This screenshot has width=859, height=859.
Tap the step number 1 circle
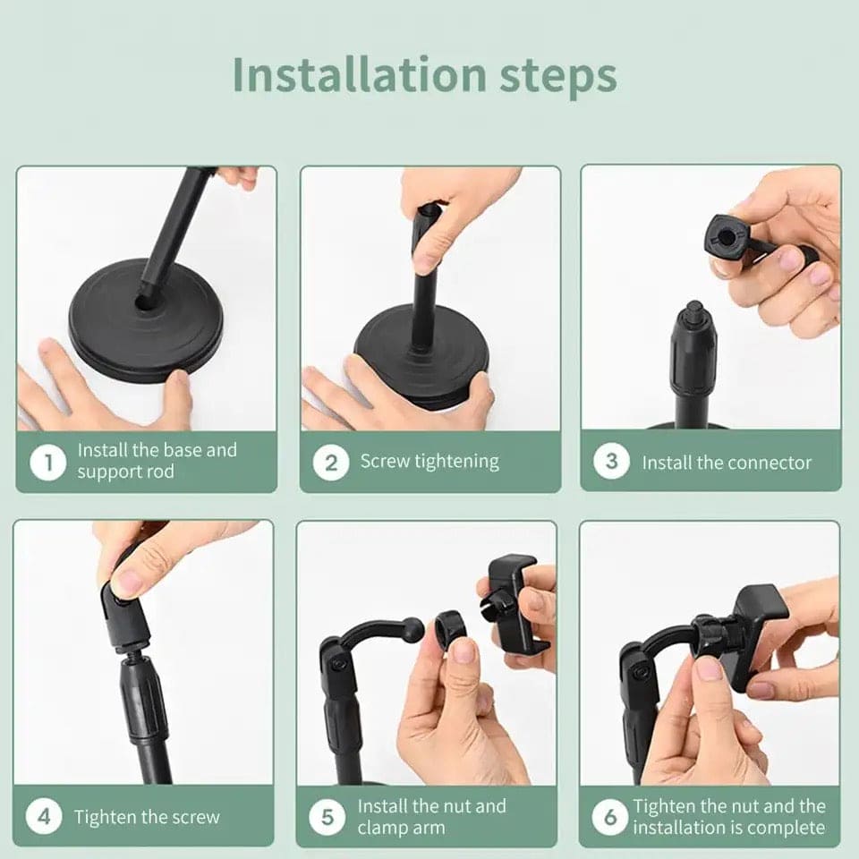(x=48, y=463)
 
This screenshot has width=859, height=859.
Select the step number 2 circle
(x=331, y=463)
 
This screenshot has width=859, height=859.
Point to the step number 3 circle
(x=612, y=462)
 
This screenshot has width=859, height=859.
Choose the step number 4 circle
(x=43, y=816)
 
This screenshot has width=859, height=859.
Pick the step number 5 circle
(x=327, y=817)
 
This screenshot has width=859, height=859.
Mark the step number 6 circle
(x=610, y=817)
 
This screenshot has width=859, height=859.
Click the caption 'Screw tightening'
(x=429, y=462)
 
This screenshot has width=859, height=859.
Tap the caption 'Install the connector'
(x=727, y=463)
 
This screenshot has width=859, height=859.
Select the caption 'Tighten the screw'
(x=147, y=817)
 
